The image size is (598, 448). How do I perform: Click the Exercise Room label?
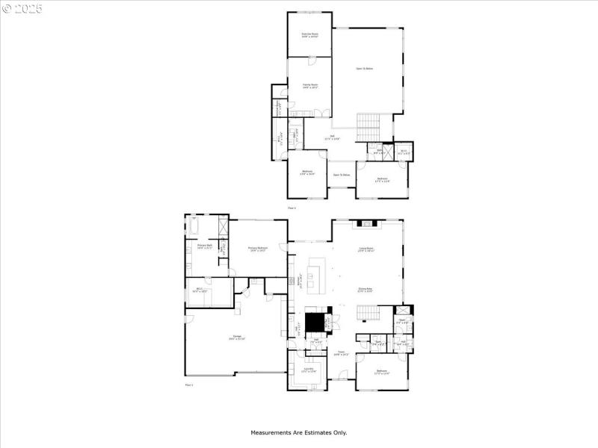[x=309, y=34]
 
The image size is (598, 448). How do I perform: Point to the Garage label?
[x=233, y=338]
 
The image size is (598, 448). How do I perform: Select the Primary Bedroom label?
[x=258, y=249]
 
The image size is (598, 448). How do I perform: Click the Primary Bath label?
[x=205, y=246]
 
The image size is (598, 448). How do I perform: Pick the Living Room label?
[x=366, y=249]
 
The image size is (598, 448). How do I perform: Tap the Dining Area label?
[x=366, y=290]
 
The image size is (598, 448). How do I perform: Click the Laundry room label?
[x=308, y=370]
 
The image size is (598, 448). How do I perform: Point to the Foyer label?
[x=341, y=353]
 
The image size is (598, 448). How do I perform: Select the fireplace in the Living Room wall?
[x=368, y=223]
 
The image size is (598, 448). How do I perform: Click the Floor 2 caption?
[x=292, y=208]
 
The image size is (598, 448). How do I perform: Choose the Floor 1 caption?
[x=189, y=385]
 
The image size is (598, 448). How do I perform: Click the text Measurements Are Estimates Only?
[x=298, y=432]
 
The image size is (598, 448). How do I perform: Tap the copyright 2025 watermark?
[x=22, y=8]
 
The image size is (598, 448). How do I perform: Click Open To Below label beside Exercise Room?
[x=364, y=69]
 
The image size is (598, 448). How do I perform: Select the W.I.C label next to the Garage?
[x=200, y=290]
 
